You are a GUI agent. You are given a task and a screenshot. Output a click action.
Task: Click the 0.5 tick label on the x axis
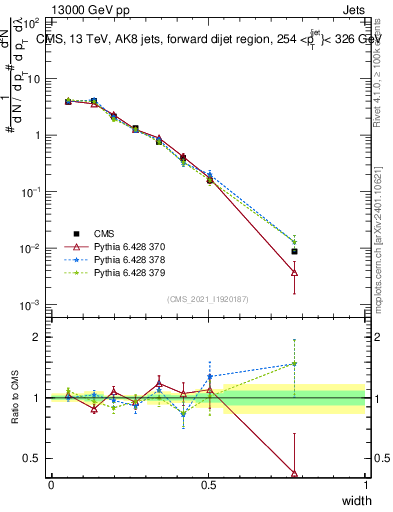click(x=208, y=485)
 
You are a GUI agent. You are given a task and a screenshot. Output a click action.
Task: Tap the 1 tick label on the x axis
click(x=366, y=485)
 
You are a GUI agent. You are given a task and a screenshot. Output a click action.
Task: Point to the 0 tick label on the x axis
click(x=51, y=485)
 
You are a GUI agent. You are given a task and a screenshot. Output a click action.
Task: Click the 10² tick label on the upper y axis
click(x=32, y=22)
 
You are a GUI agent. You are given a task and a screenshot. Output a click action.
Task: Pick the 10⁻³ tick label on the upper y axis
click(x=32, y=304)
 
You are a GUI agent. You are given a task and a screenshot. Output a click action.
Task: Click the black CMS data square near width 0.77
click(x=294, y=252)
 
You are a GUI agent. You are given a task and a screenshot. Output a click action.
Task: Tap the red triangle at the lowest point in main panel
click(x=294, y=272)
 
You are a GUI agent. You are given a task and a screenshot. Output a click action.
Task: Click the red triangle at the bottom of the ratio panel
click(x=294, y=473)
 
